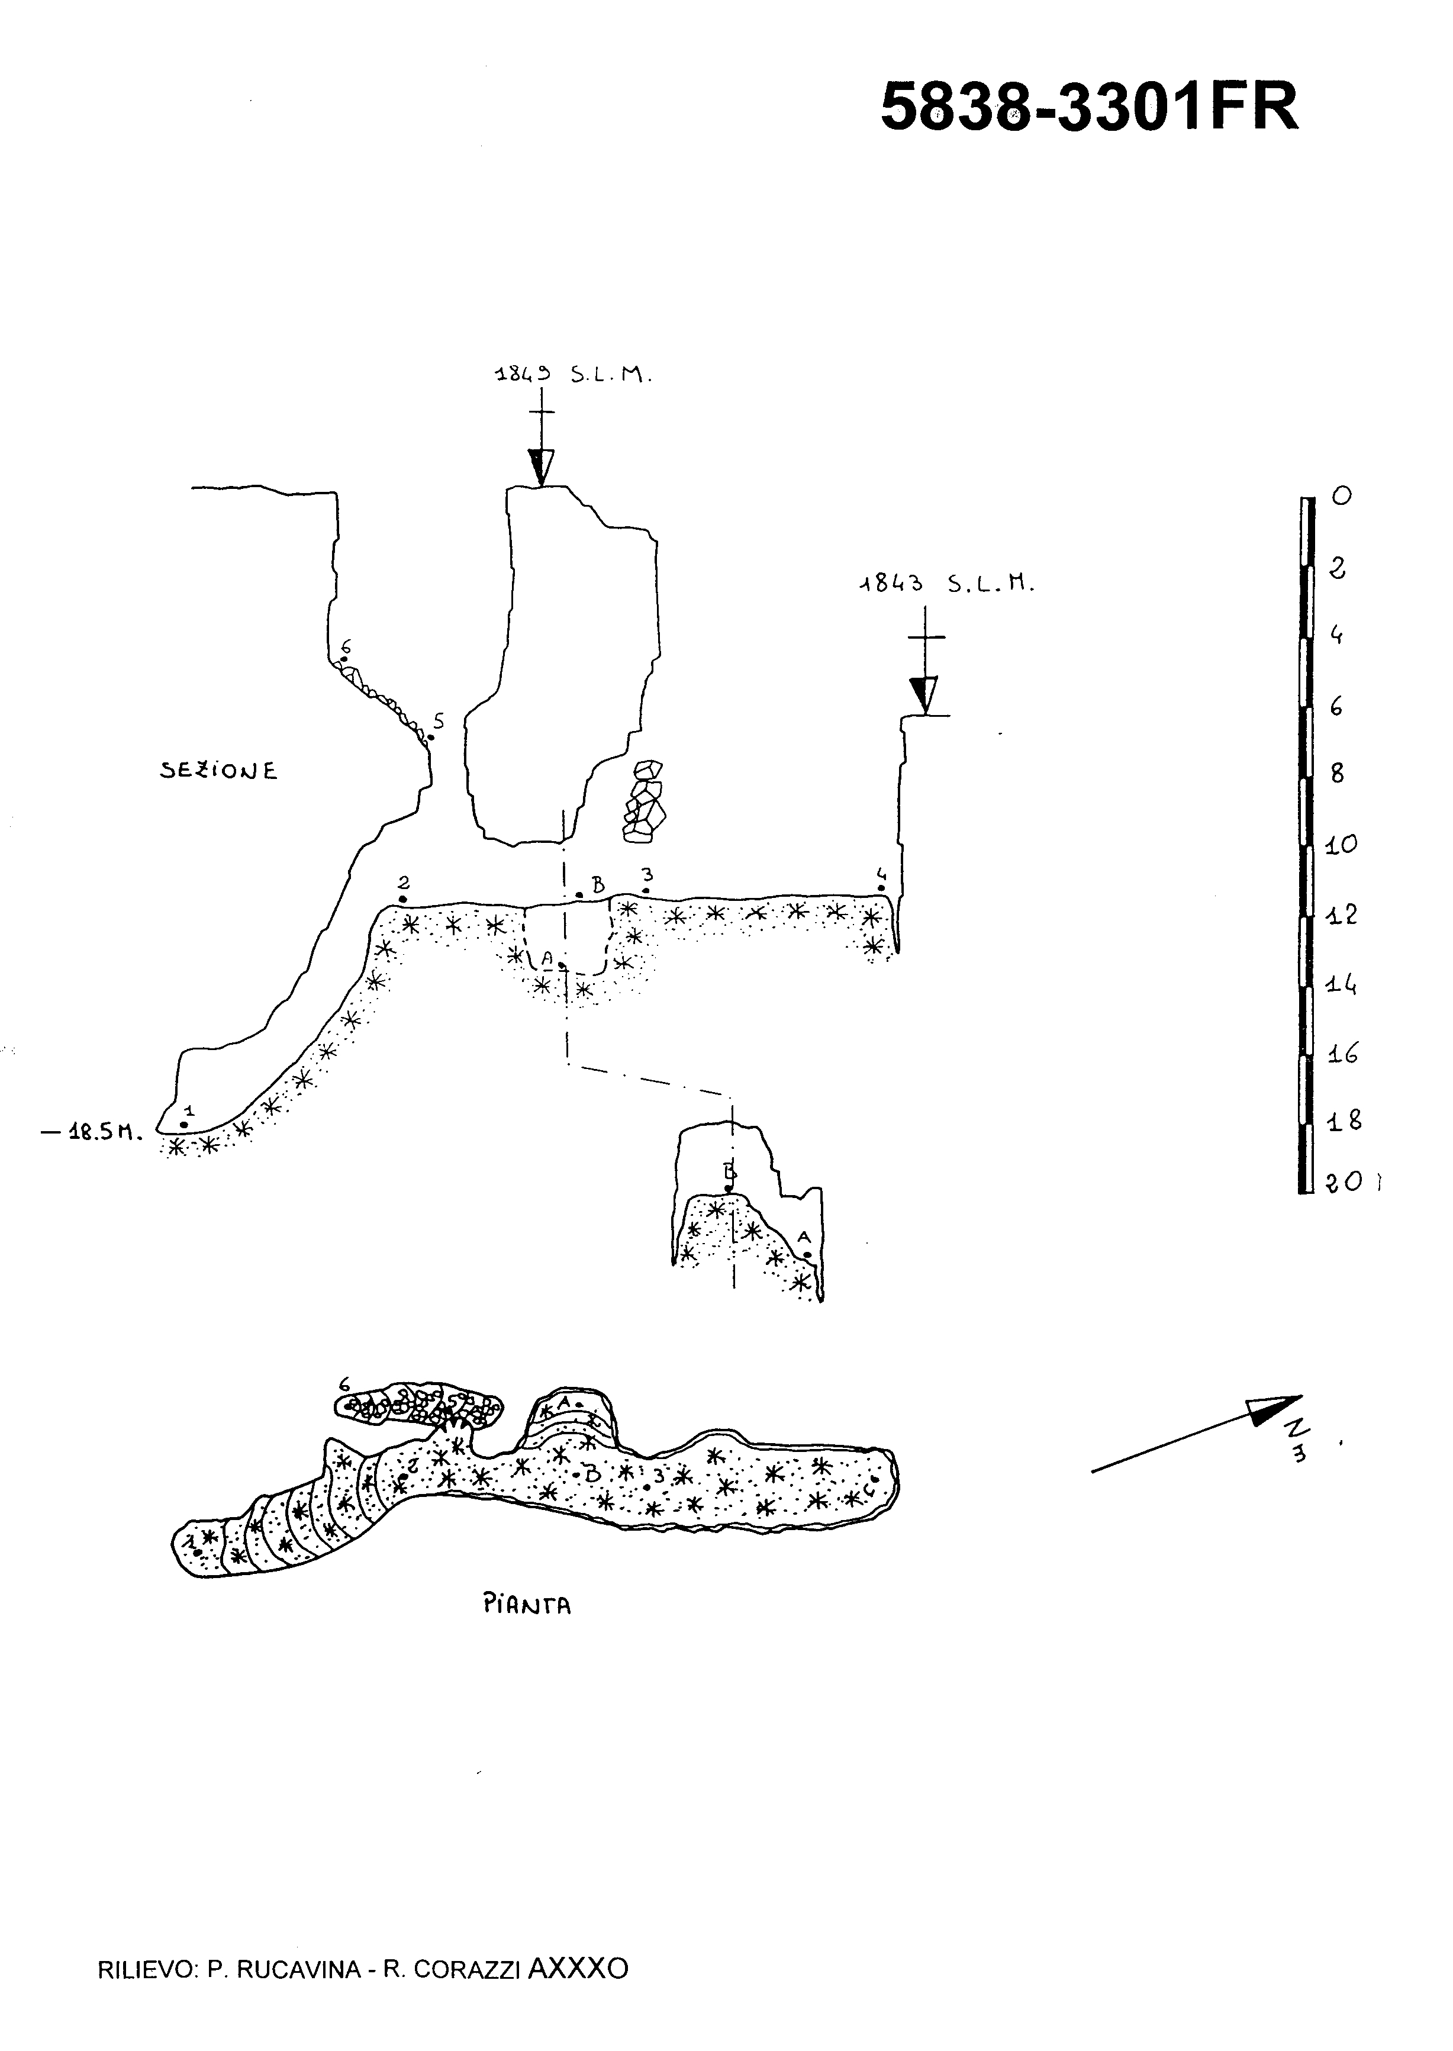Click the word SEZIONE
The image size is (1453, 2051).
(x=219, y=771)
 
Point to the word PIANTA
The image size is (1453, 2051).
(x=527, y=1605)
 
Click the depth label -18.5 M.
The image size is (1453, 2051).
(x=92, y=1133)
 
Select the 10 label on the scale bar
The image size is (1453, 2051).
(x=1341, y=844)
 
